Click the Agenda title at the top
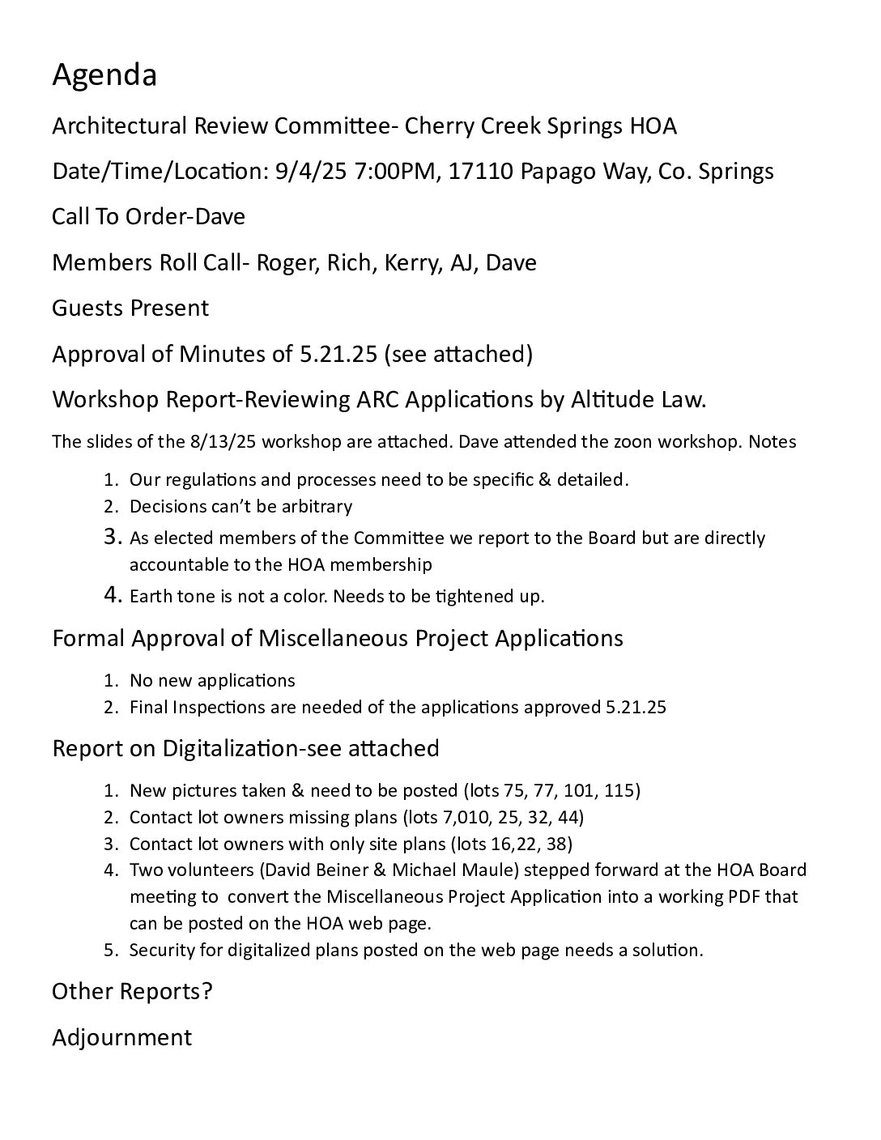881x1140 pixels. tap(104, 76)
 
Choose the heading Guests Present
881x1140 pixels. tap(130, 308)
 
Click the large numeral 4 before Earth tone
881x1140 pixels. tap(113, 595)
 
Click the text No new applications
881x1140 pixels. tap(212, 680)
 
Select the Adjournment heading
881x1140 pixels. tap(122, 1038)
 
